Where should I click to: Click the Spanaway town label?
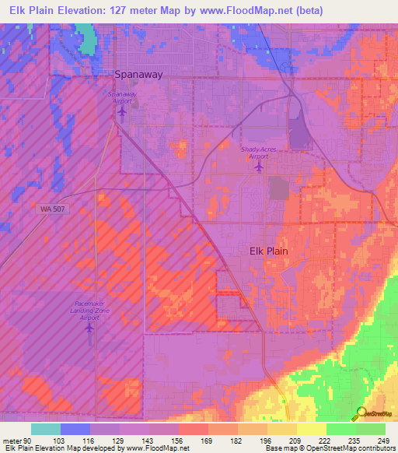tap(138, 75)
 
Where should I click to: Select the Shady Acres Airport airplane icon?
tap(259, 167)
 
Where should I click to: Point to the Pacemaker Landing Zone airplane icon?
tap(89, 327)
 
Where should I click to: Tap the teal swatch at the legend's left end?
tap(46, 429)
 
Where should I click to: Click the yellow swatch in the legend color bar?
tap(311, 429)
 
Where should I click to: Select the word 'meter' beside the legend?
tap(11, 440)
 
